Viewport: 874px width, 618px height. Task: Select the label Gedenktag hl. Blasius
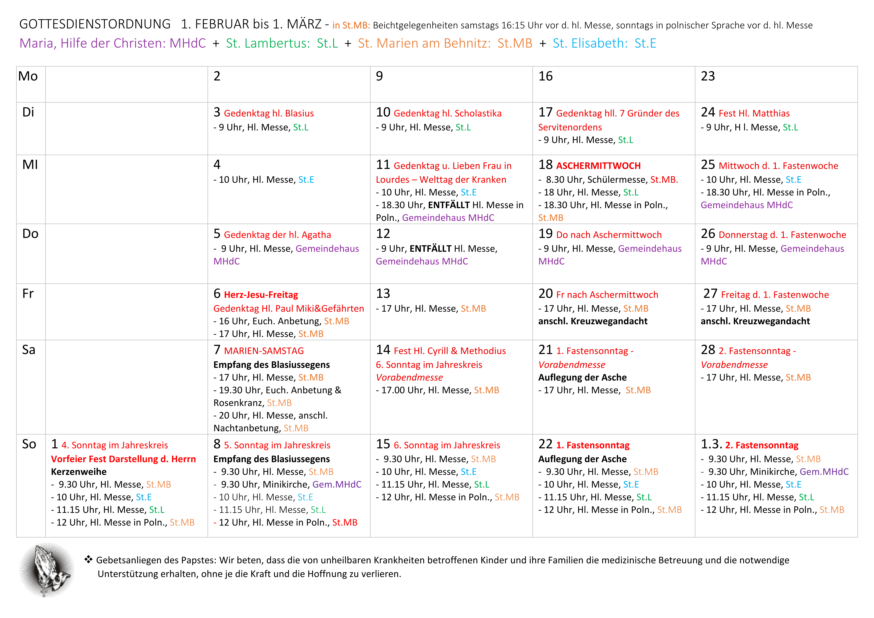[x=269, y=114]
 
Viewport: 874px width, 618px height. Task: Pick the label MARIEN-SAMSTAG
[x=264, y=351]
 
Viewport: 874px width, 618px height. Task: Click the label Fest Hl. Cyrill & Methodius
[x=450, y=351]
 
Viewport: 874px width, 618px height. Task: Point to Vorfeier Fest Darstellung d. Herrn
[x=123, y=459]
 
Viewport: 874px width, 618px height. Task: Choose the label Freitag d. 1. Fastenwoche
[x=775, y=295]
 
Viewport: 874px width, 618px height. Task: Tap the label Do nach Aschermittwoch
[x=609, y=235]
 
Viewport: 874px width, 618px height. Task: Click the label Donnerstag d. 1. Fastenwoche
[x=782, y=235]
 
